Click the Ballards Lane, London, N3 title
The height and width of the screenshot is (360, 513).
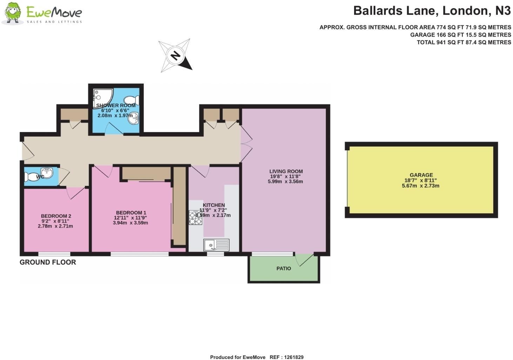432,11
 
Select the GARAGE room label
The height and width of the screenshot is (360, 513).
421,175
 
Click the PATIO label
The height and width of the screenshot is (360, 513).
284,268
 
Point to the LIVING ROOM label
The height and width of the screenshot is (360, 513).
286,171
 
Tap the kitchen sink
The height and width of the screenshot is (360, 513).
216,245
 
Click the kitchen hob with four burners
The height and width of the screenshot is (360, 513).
195,217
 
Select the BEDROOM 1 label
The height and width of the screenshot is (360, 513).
131,212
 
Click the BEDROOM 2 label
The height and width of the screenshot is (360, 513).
56,216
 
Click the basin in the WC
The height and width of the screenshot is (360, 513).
47,172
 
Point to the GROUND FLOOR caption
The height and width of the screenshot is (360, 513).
48,262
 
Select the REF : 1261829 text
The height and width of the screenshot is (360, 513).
286,357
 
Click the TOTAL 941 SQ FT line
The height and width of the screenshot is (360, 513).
464,42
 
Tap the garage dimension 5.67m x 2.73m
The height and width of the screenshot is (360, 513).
420,185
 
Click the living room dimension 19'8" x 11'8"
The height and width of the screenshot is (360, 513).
285,176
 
